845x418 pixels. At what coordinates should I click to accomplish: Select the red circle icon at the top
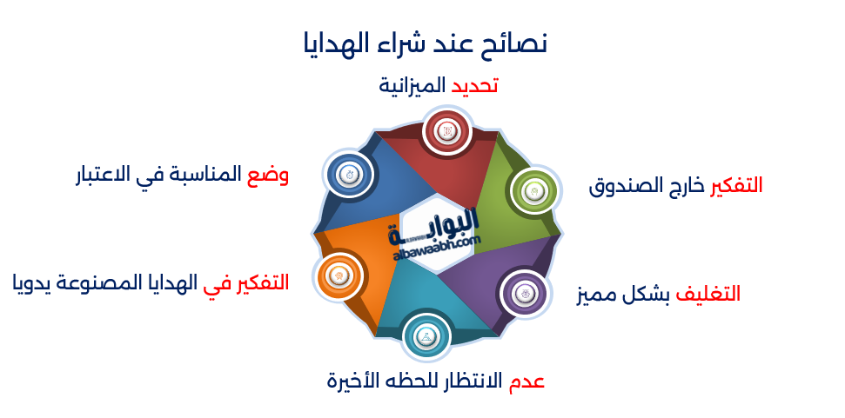click(446, 132)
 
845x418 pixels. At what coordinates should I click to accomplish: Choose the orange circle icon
click(338, 276)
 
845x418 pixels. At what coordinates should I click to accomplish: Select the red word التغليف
click(708, 294)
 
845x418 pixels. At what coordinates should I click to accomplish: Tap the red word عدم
click(526, 381)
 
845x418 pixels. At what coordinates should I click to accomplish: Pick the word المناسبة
click(204, 175)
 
